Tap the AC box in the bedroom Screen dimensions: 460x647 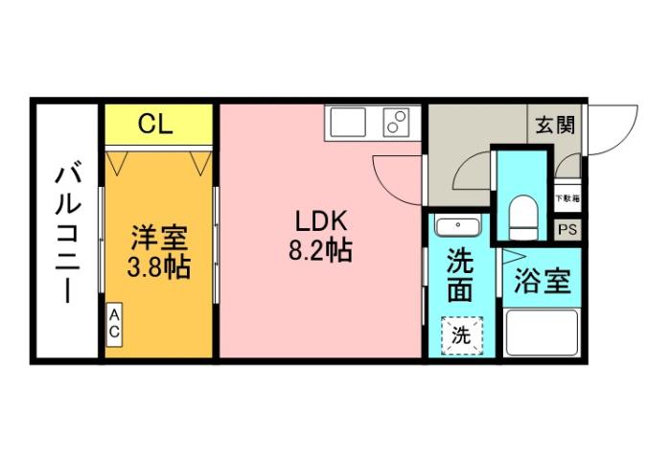[x=113, y=324]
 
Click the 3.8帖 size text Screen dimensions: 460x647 [x=158, y=265]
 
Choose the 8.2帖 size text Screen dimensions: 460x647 [x=320, y=251]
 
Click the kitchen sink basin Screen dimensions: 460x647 [x=346, y=124]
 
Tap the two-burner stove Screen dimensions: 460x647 [x=396, y=123]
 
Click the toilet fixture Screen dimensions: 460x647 [x=522, y=217]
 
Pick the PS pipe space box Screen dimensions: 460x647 [x=567, y=230]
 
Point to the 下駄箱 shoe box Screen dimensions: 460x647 [x=567, y=199]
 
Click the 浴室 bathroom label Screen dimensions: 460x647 [x=543, y=282]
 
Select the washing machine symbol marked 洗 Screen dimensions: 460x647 [x=462, y=334]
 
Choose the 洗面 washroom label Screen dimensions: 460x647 [x=460, y=274]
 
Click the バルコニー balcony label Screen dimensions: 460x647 [x=67, y=232]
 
